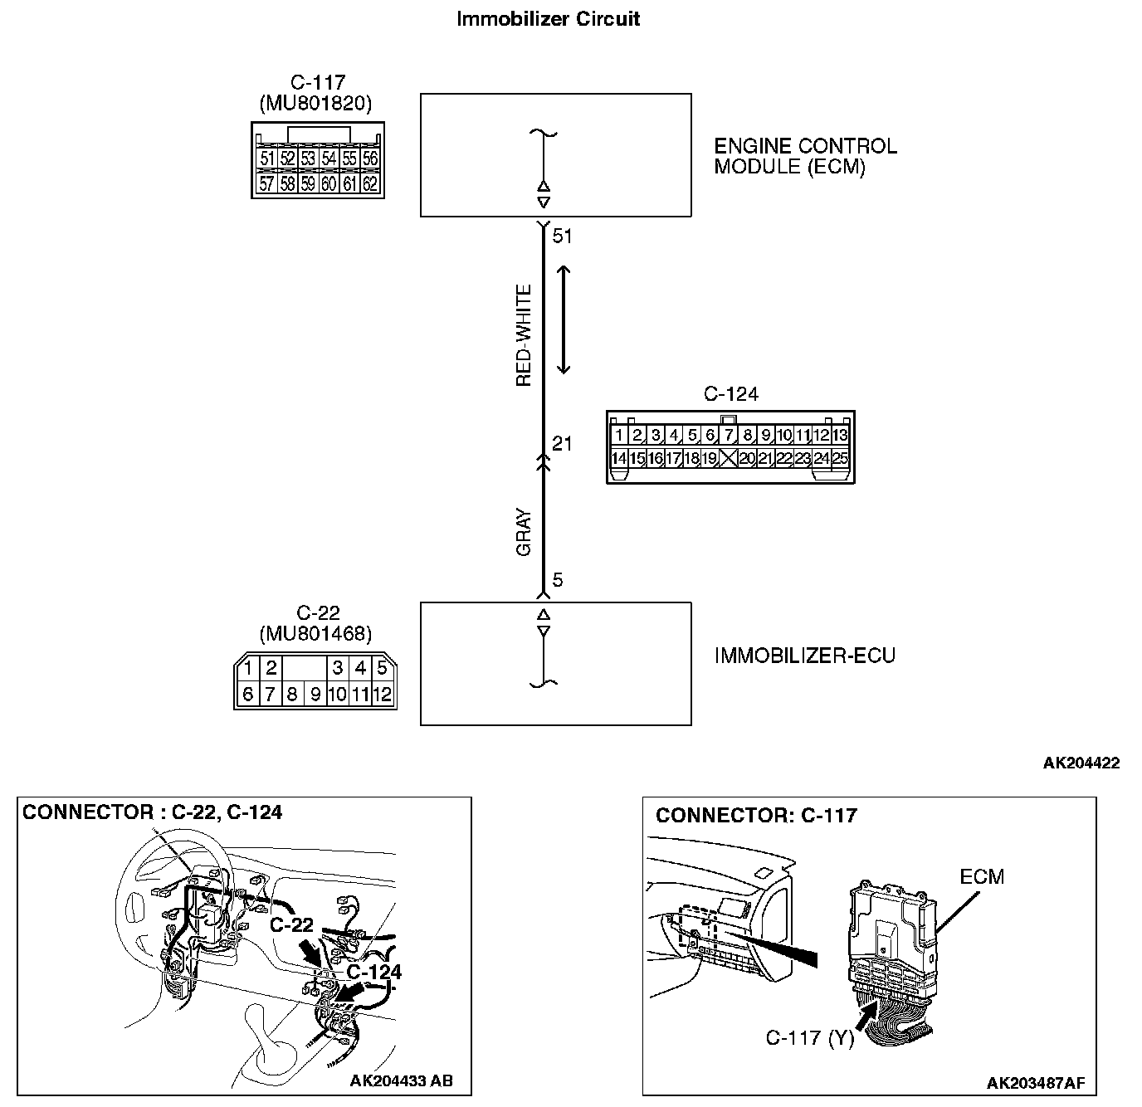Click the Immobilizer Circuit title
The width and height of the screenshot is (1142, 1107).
coord(548,19)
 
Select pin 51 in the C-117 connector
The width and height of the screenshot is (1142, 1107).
coord(266,158)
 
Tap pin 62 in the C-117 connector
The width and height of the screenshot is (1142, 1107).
coord(370,184)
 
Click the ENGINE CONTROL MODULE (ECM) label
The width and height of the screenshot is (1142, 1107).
coord(805,157)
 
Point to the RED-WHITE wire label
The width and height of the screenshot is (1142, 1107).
coord(524,336)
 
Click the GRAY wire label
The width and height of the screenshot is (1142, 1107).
coord(524,532)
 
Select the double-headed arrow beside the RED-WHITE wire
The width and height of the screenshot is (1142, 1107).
coord(564,319)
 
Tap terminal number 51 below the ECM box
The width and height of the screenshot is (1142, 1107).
coord(563,237)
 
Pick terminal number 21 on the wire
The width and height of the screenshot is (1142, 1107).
coord(563,444)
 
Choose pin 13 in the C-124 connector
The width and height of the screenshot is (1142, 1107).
coord(840,435)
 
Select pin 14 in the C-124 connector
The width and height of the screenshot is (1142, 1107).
coord(618,458)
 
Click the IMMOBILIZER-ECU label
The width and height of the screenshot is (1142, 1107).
coord(804,656)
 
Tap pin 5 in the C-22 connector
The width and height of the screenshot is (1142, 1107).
coord(382,668)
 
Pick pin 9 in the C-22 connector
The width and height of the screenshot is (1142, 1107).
coord(315,695)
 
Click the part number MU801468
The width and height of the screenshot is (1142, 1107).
coord(315,635)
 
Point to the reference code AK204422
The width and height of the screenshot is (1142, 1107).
coord(1081,763)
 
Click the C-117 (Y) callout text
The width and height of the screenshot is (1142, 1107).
coord(809,1038)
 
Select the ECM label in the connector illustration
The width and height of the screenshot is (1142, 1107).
coord(981,876)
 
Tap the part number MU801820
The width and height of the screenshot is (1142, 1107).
coord(315,104)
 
